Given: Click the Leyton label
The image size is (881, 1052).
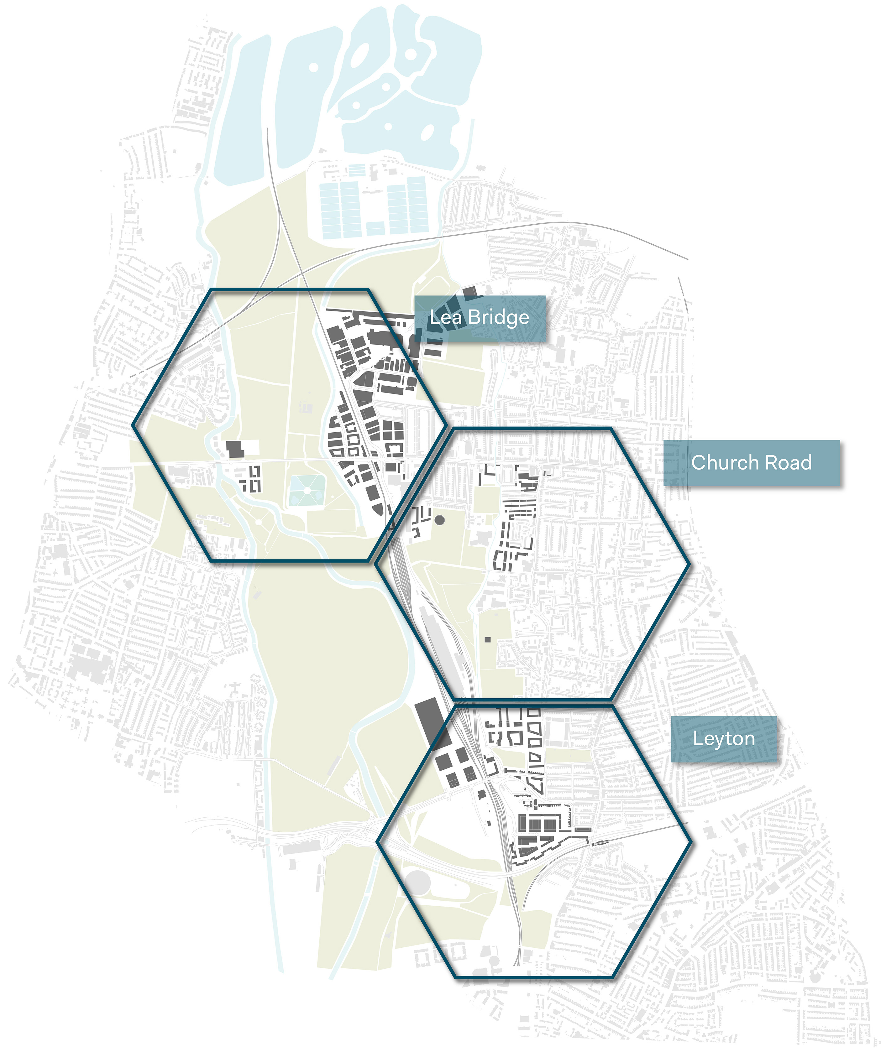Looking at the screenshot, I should [x=724, y=739].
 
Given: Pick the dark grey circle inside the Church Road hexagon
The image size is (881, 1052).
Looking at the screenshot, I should [x=439, y=520].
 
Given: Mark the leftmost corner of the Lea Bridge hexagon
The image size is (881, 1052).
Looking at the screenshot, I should [x=133, y=425].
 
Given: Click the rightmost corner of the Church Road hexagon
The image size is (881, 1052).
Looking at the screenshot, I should [x=690, y=564].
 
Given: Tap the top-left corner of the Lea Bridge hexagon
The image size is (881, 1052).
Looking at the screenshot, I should [x=211, y=289].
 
